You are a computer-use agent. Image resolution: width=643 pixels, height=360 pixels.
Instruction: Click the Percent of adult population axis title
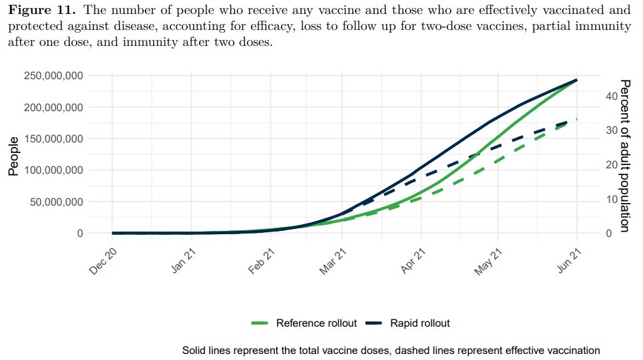624,156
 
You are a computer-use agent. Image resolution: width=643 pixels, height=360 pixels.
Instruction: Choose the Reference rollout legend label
316,323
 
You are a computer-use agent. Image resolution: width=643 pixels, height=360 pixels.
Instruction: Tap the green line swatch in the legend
260,323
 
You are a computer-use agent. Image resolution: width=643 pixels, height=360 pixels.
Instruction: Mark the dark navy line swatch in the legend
374,323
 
